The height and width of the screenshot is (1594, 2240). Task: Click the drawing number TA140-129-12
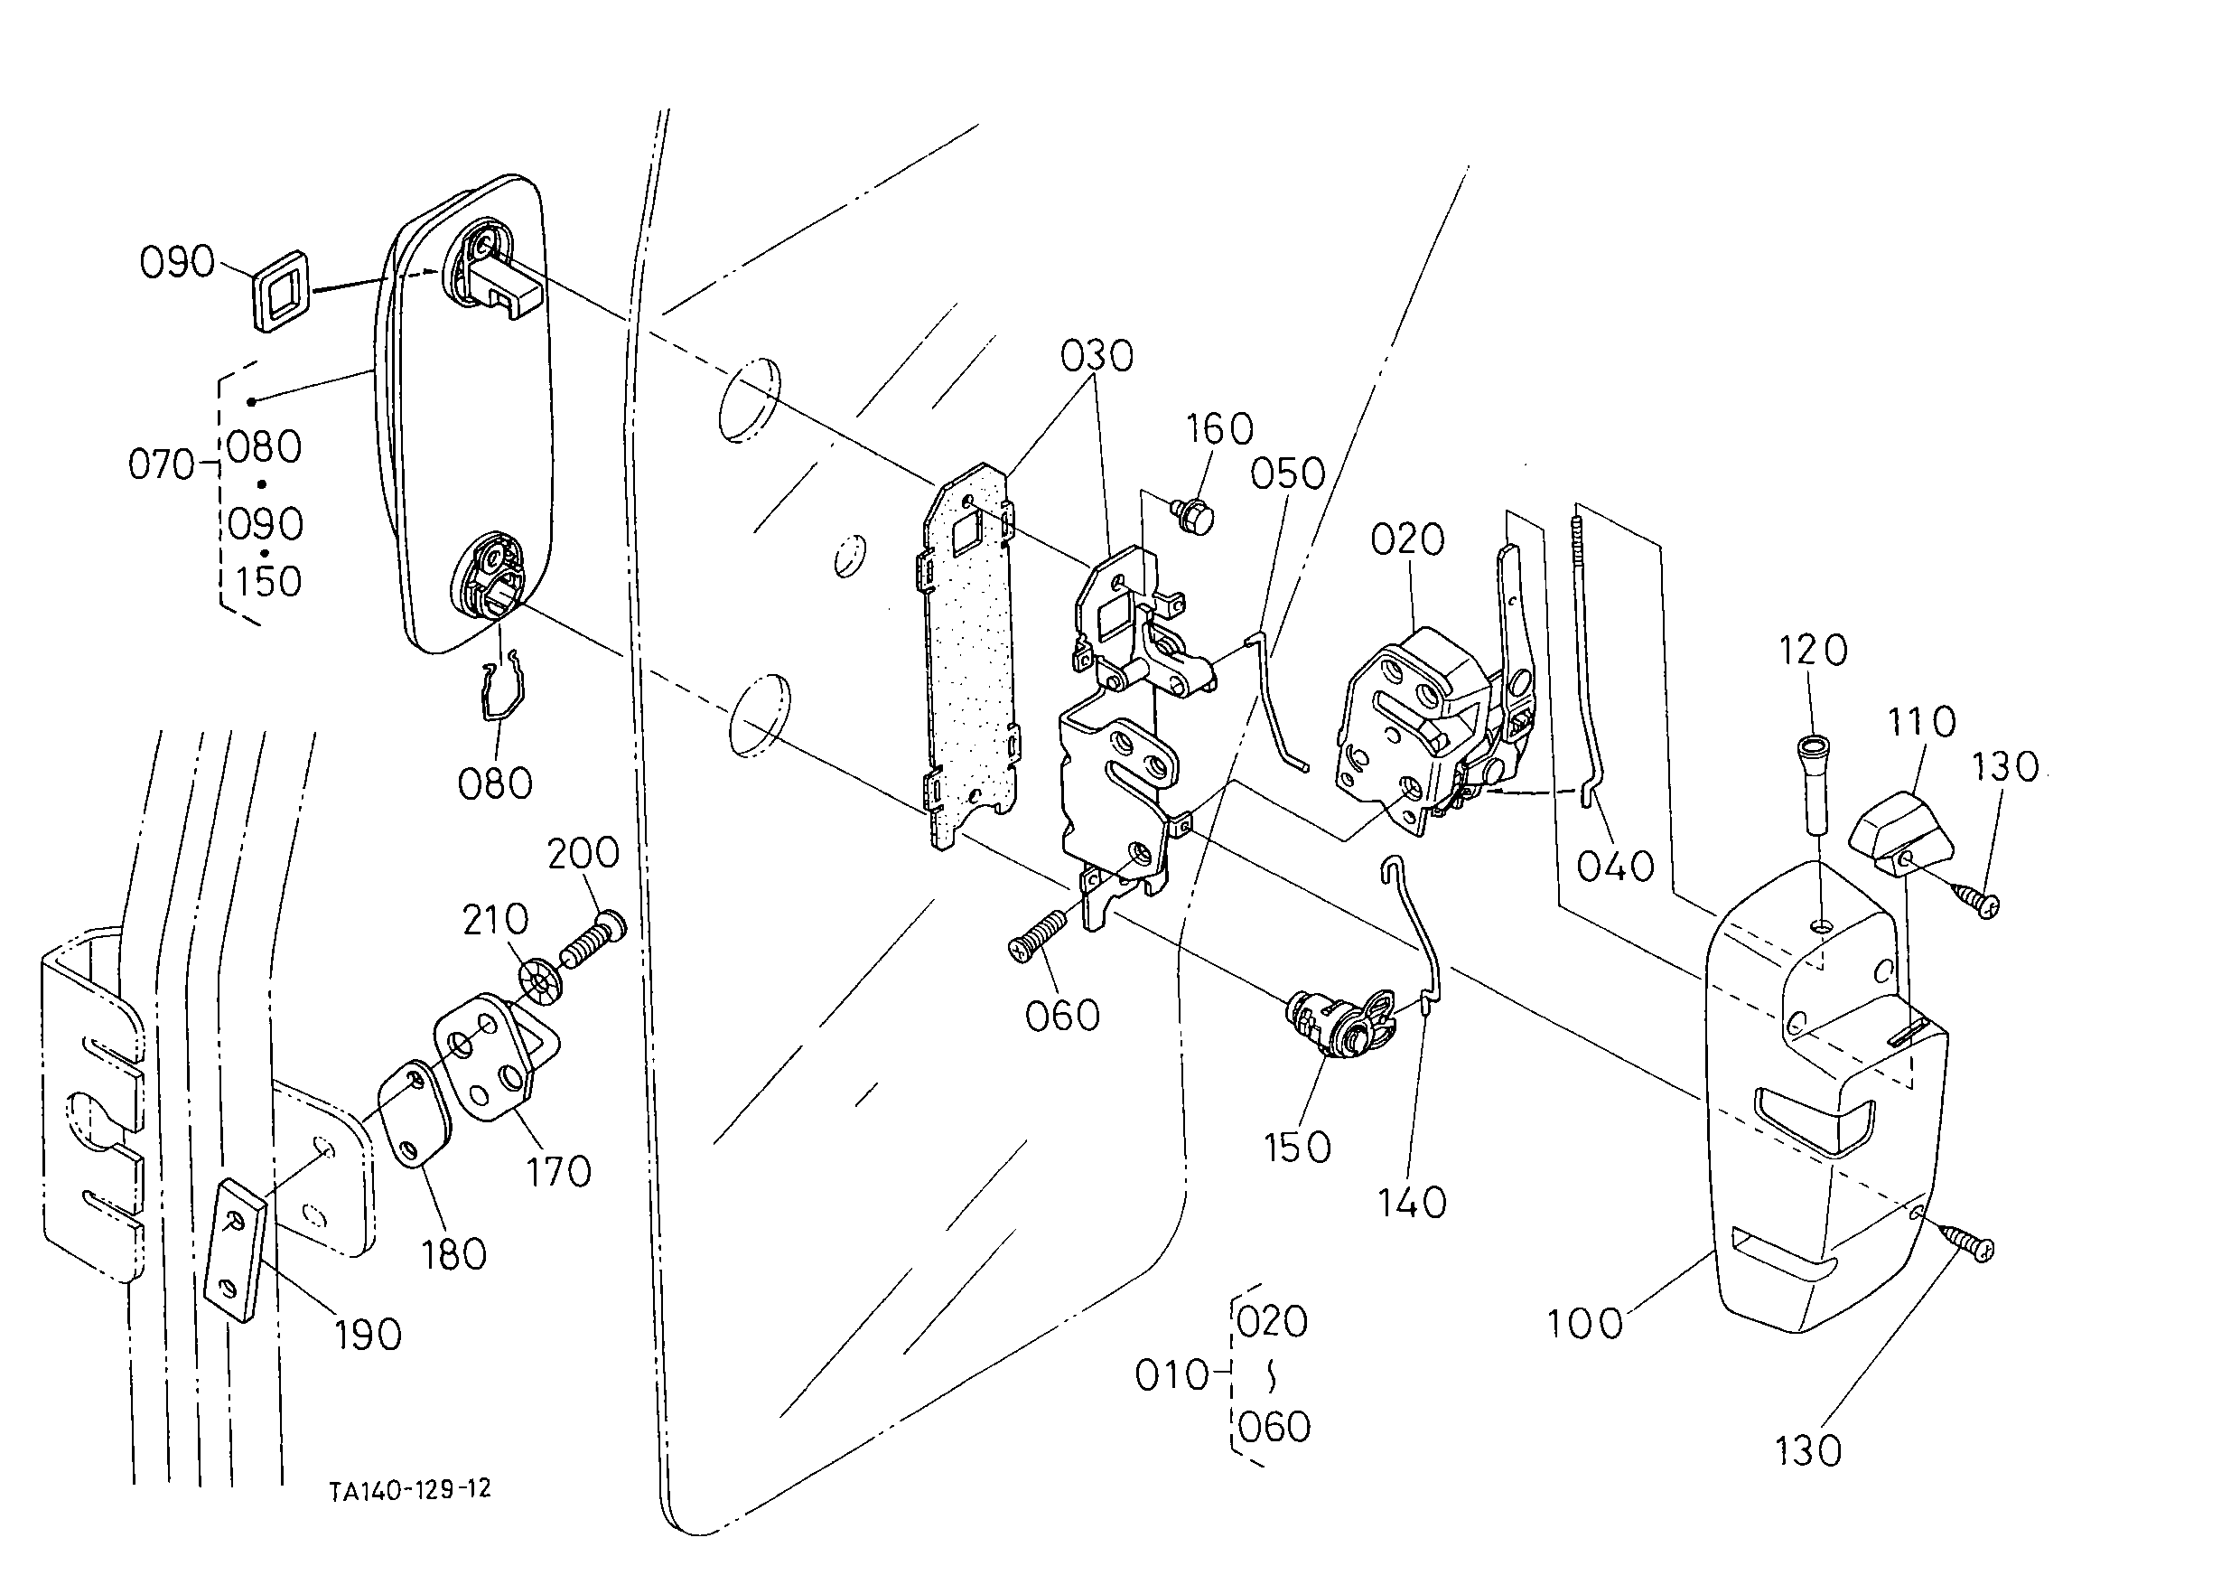(x=410, y=1490)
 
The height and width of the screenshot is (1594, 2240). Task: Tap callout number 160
(x=1219, y=429)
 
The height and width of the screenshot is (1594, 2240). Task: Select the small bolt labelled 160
(x=1195, y=514)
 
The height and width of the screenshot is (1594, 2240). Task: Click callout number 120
(x=1813, y=650)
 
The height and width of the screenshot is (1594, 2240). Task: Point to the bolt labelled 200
(x=593, y=940)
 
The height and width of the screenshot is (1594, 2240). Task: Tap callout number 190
(x=368, y=1334)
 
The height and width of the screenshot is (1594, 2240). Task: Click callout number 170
(x=558, y=1170)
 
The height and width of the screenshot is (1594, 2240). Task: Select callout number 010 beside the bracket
(x=1171, y=1375)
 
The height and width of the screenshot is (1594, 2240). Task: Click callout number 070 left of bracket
(x=162, y=464)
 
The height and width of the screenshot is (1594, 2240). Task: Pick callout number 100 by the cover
(x=1585, y=1324)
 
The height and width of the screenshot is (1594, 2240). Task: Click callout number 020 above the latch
(x=1408, y=539)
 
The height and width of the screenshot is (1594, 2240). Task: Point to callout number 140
(x=1412, y=1203)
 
